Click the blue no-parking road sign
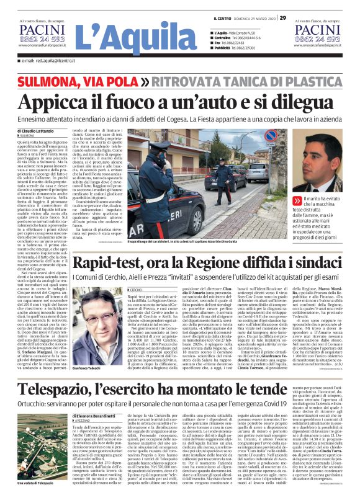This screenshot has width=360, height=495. tap(271, 135)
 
